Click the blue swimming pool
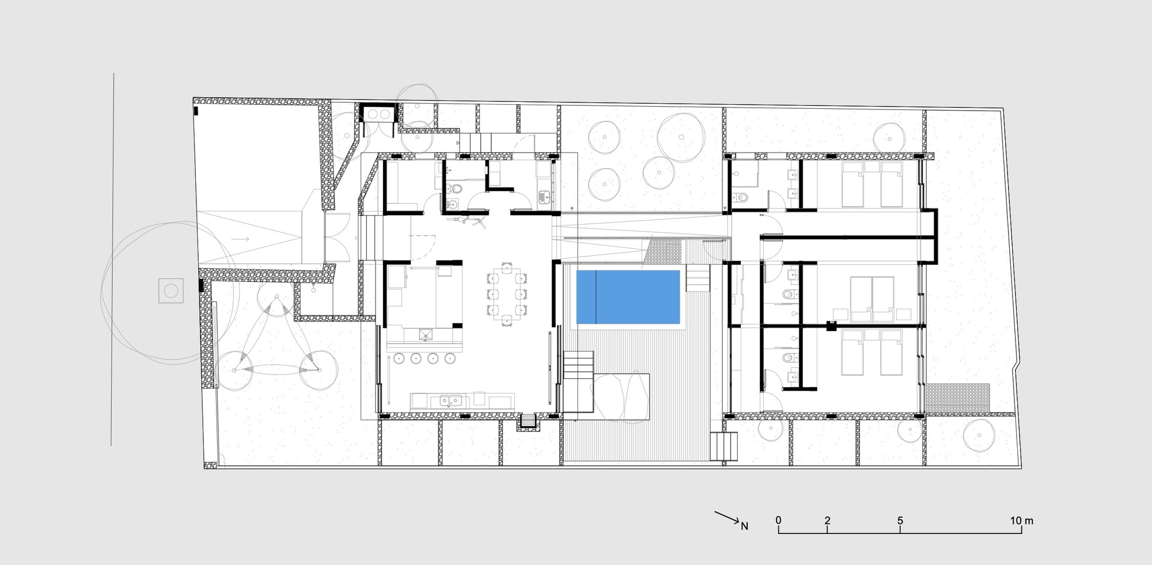tap(628, 297)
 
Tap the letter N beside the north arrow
tap(744, 526)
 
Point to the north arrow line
tap(727, 517)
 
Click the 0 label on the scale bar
tap(778, 520)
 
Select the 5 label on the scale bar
tap(900, 520)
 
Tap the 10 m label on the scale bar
tap(1021, 520)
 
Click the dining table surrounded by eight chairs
tap(506, 294)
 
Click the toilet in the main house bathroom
tap(456, 188)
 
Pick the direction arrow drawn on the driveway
tap(241, 238)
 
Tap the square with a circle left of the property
tap(171, 291)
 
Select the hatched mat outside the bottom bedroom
tap(957, 399)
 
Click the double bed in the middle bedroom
tap(872, 298)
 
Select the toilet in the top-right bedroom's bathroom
tap(742, 198)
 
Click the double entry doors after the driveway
tap(337, 237)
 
